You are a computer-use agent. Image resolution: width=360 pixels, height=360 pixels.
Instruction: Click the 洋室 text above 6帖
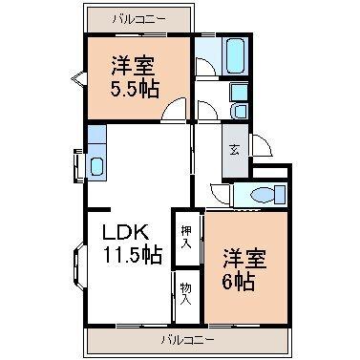(x=245, y=257)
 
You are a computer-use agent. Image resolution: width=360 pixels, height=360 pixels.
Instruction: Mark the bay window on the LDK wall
(x=77, y=268)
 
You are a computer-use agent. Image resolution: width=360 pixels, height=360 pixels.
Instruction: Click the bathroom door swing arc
(x=204, y=66)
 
